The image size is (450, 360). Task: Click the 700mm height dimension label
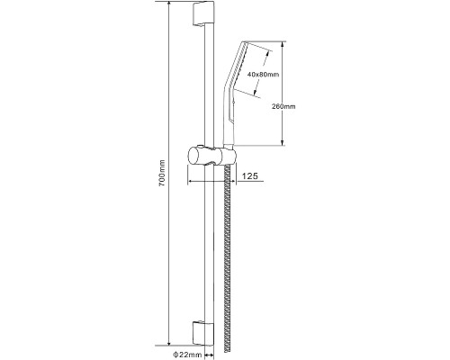(x=162, y=173)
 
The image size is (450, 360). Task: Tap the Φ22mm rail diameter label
(x=187, y=355)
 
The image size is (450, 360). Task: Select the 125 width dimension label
(x=250, y=175)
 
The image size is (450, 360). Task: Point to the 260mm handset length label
(x=283, y=106)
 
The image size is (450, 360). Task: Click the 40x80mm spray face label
(x=263, y=75)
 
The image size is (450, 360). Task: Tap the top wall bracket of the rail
(x=203, y=14)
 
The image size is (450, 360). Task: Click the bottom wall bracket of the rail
(x=203, y=332)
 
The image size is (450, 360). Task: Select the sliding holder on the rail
(x=212, y=156)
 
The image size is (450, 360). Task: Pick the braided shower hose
(x=228, y=258)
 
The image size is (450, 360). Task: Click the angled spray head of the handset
(x=237, y=65)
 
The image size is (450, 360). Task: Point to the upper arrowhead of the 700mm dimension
(x=169, y=4)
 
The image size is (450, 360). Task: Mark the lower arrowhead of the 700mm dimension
(x=169, y=342)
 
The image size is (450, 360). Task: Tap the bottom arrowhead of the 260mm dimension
(x=283, y=142)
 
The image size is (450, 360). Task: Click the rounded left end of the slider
(x=191, y=156)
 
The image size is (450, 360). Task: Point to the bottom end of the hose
(x=228, y=353)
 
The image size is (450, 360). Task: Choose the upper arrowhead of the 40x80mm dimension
(x=266, y=53)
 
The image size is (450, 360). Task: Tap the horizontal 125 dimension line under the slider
(x=211, y=181)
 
